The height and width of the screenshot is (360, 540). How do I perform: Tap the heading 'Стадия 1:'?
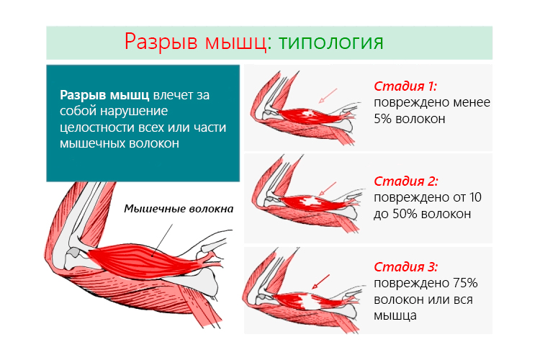click(x=405, y=86)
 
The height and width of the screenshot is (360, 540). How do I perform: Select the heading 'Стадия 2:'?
click(x=406, y=181)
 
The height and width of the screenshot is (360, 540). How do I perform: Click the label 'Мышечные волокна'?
click(x=179, y=210)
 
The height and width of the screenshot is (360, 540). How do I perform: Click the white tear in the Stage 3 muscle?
click(x=317, y=302)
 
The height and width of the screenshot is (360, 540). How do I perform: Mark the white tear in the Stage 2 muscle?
click(x=311, y=204)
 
